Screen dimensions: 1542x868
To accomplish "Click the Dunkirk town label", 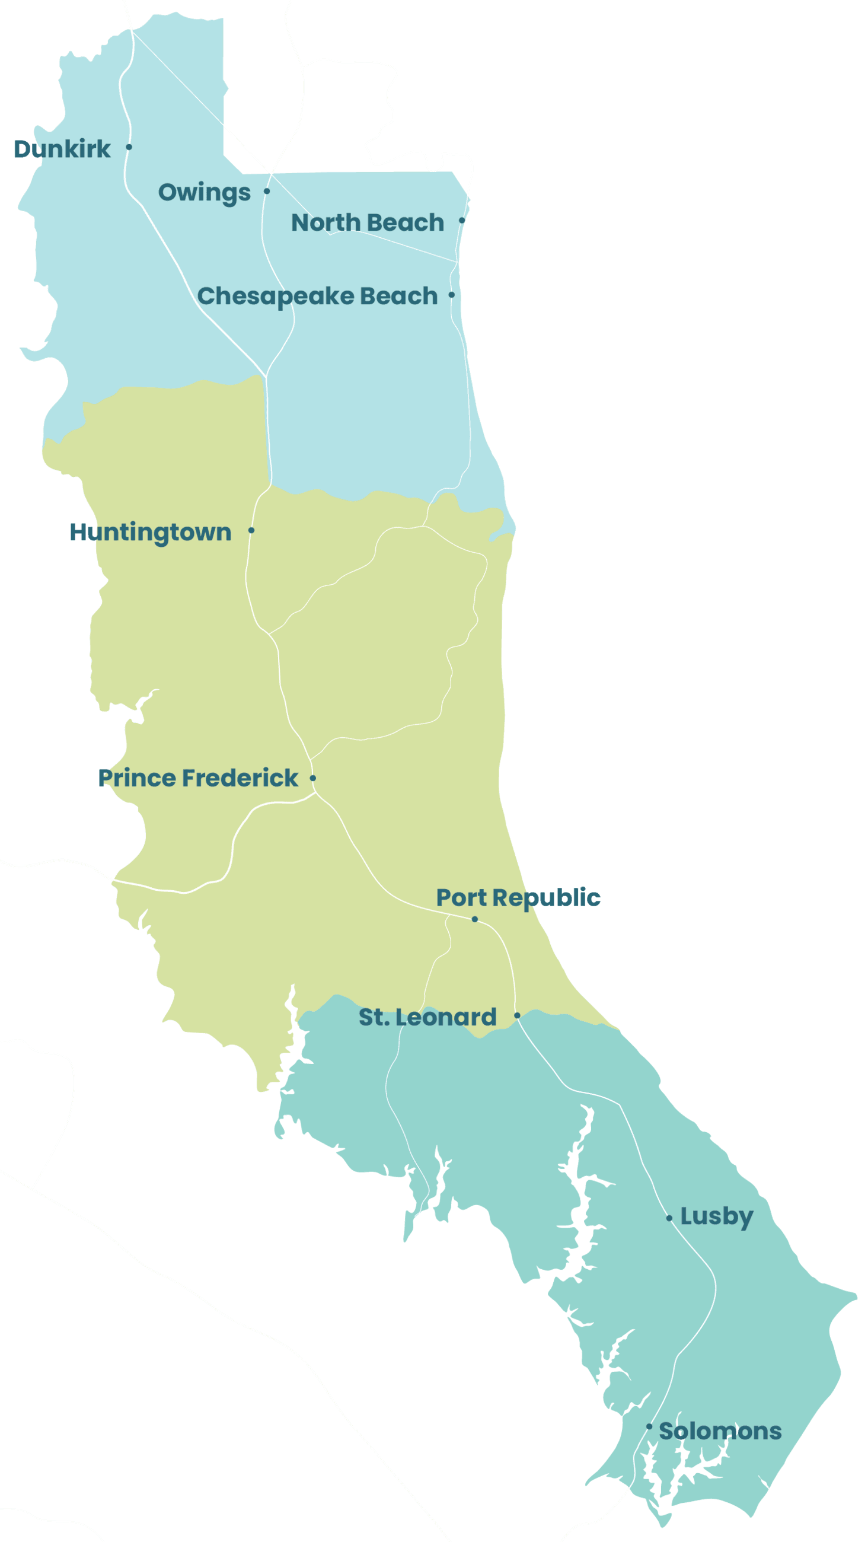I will click(x=62, y=149).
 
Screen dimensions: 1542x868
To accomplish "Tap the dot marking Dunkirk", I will click(x=129, y=146).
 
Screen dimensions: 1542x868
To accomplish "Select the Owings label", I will click(x=204, y=193).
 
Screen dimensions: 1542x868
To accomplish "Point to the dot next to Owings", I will click(x=267, y=192).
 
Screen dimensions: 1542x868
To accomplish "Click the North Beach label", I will click(x=368, y=222).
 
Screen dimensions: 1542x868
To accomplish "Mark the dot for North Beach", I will click(x=461, y=221).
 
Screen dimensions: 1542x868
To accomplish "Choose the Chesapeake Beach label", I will click(x=317, y=297).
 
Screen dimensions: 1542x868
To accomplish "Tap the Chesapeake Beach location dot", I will click(x=451, y=295).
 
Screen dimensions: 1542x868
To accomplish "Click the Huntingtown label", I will click(x=150, y=532).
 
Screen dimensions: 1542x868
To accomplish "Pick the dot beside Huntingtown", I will click(x=251, y=530).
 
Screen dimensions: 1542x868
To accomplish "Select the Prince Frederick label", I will click(x=198, y=778).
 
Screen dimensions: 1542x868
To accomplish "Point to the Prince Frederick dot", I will click(x=313, y=778).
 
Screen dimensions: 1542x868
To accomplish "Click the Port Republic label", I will click(x=518, y=898).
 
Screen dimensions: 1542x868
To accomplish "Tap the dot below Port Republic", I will click(x=475, y=919).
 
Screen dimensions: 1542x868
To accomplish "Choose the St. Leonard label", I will click(x=427, y=1017).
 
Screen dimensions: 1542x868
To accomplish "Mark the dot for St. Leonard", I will click(x=517, y=1015).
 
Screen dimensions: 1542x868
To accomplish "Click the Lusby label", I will click(x=717, y=1217).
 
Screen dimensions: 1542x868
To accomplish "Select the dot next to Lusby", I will click(x=669, y=1218).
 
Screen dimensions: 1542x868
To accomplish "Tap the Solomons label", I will click(x=720, y=1431).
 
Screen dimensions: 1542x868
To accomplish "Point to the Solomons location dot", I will click(x=649, y=1426).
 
